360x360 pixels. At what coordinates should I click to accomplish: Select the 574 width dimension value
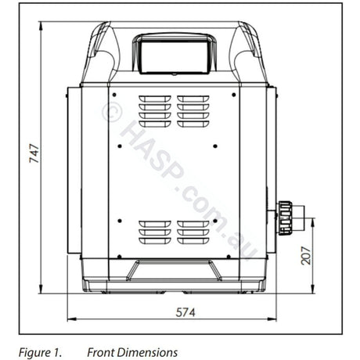(x=184, y=311)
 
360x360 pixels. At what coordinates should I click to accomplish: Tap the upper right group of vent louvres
(x=193, y=110)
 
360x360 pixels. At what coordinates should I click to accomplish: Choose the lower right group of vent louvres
(x=193, y=232)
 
